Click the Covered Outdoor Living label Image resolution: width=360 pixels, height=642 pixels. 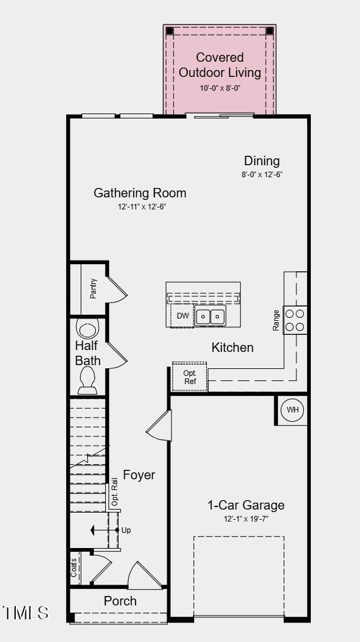219,65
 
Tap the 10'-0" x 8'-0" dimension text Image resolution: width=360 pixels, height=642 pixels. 219,88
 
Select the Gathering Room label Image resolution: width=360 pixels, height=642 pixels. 140,193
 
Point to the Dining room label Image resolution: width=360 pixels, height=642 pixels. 262,161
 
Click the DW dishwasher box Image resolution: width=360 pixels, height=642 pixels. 183,316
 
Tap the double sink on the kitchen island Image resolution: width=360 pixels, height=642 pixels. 210,316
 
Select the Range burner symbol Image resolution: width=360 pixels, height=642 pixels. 295,320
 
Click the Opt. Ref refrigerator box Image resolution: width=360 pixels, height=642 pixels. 190,377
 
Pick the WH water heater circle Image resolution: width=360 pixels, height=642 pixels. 293,410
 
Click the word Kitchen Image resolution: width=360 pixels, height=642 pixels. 232,347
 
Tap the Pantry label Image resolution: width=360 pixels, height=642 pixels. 93,288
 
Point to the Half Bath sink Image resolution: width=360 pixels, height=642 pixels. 88,329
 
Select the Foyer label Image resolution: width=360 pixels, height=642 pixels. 139,475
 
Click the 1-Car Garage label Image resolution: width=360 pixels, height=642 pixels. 246,505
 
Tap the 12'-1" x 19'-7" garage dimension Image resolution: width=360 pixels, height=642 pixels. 246,518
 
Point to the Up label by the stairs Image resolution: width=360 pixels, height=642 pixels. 126,530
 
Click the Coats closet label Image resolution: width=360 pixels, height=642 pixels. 74,567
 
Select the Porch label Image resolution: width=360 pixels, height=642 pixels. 120,601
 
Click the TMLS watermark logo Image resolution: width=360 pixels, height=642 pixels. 26,612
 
